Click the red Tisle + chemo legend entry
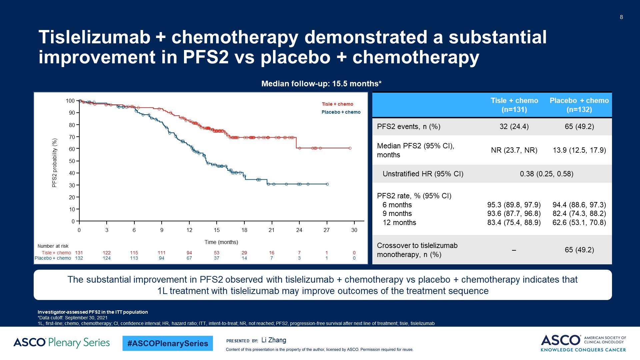click(337, 104)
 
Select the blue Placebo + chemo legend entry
click(341, 112)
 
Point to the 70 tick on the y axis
click(72, 137)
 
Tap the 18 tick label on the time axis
click(244, 230)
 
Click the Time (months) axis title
click(221, 242)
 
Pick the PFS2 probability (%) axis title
click(55, 163)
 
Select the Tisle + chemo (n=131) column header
click(514, 105)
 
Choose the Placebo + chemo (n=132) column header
click(579, 105)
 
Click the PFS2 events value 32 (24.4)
click(514, 127)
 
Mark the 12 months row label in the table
click(399, 223)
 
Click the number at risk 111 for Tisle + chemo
click(162, 253)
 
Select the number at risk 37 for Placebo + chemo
click(217, 258)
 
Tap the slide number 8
click(621, 17)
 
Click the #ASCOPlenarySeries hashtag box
click(168, 343)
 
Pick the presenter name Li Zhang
click(274, 340)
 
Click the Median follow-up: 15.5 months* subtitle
click(321, 84)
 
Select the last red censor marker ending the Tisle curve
click(350, 148)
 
